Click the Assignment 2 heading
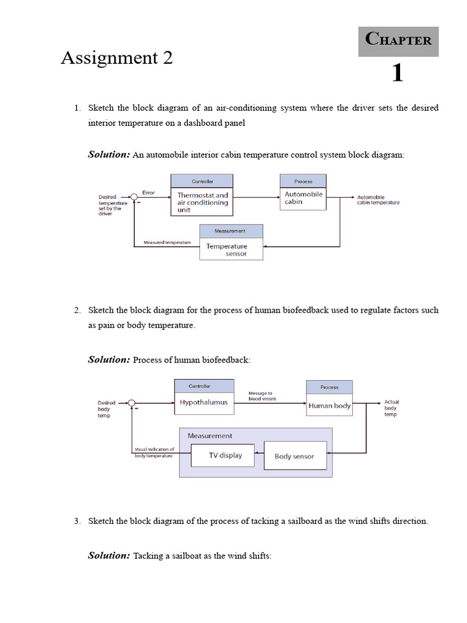pyautogui.click(x=117, y=58)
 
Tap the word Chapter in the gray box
pyautogui.click(x=398, y=40)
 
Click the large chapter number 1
pyautogui.click(x=397, y=74)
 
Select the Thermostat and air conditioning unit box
pyautogui.click(x=201, y=202)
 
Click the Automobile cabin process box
pyautogui.click(x=303, y=198)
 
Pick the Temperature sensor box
pyautogui.click(x=231, y=249)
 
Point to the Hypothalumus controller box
pyautogui.click(x=204, y=403)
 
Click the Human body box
pyautogui.click(x=329, y=406)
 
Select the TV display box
pyautogui.click(x=223, y=455)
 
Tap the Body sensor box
pyautogui.click(x=294, y=456)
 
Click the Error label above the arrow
pyautogui.click(x=148, y=192)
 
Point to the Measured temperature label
pyautogui.click(x=167, y=242)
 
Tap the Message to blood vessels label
pyautogui.click(x=262, y=395)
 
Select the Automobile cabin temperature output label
pyautogui.click(x=378, y=200)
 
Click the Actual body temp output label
pyautogui.click(x=392, y=408)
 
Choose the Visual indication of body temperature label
pyautogui.click(x=154, y=452)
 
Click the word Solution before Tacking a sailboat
pyautogui.click(x=109, y=555)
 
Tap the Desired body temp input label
pyautogui.click(x=106, y=408)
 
